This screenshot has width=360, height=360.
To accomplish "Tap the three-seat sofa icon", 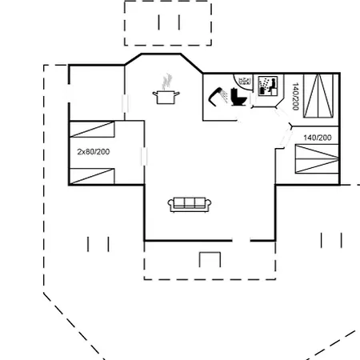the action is pyautogui.click(x=190, y=205).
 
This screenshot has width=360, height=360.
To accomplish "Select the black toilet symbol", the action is pyautogui.click(x=238, y=97).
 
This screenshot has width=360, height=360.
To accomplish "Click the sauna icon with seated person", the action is pyautogui.click(x=268, y=86).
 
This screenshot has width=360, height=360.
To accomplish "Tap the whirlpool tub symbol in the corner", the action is pyautogui.click(x=243, y=80).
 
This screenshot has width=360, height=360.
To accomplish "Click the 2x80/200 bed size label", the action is pyautogui.click(x=94, y=152).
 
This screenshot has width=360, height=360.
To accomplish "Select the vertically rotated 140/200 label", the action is pyautogui.click(x=295, y=96).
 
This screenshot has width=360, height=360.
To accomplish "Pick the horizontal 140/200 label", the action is pyautogui.click(x=318, y=138).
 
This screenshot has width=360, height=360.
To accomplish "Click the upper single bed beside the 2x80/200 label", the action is pyautogui.click(x=92, y=130).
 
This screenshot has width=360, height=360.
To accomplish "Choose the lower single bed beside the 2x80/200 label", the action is pyautogui.click(x=92, y=176).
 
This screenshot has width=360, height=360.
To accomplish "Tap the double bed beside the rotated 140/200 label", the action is pyautogui.click(x=318, y=96).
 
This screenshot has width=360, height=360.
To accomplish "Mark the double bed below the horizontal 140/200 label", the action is pyautogui.click(x=317, y=158).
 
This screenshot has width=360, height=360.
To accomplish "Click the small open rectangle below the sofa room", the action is pyautogui.click(x=210, y=259).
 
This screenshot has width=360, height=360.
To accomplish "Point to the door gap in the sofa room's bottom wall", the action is pyautogui.click(x=241, y=241).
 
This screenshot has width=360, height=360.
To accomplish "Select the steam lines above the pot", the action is pyautogui.click(x=166, y=82).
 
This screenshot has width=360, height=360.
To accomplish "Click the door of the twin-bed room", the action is pyautogui.click(x=144, y=157).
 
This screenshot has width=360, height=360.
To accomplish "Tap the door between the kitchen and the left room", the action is pyautogui.click(x=125, y=103).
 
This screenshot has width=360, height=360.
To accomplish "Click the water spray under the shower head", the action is pyautogui.click(x=224, y=96).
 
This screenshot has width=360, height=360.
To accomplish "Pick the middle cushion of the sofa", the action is pyautogui.click(x=190, y=203).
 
